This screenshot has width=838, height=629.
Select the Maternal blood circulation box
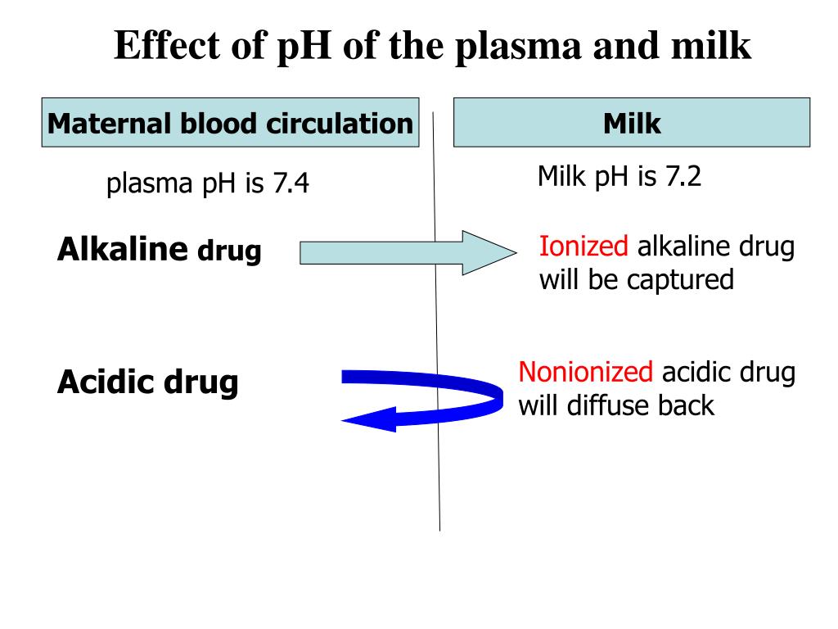[230, 123]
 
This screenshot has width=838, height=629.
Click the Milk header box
[632, 123]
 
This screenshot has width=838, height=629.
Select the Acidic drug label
[147, 381]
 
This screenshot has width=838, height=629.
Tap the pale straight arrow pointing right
[401, 253]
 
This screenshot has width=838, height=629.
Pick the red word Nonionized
[586, 373]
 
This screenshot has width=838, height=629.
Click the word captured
[681, 280]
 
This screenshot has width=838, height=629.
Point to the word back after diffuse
[685, 405]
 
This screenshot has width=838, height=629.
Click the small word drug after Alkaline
[229, 251]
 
